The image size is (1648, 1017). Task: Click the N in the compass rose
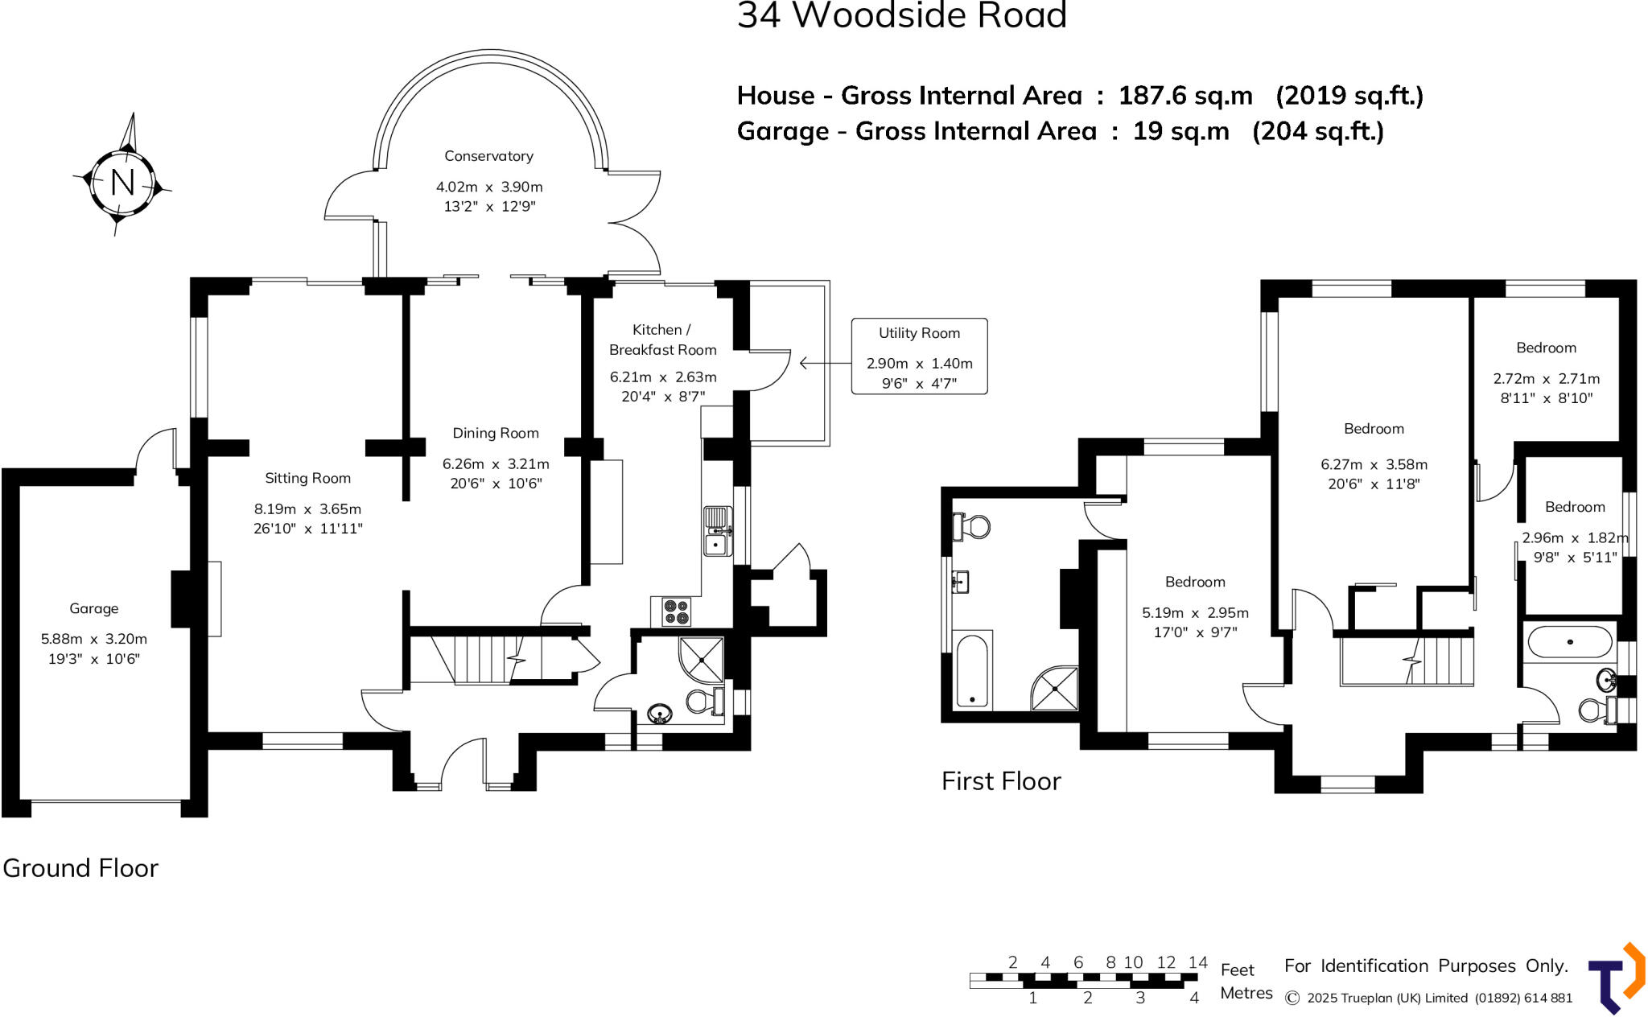click(x=122, y=183)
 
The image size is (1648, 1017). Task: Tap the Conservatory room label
click(x=488, y=156)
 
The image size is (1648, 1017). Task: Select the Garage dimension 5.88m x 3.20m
click(x=94, y=639)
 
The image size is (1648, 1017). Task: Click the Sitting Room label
click(x=307, y=478)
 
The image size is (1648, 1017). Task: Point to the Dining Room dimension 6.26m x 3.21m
click(x=496, y=464)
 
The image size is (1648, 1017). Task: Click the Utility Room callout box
click(x=919, y=356)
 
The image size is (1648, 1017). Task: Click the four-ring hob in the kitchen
click(x=676, y=611)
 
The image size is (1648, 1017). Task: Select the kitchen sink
click(x=716, y=531)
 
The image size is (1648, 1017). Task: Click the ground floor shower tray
click(x=701, y=660)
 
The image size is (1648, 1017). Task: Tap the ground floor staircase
click(x=483, y=659)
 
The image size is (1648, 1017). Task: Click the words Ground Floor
click(x=80, y=868)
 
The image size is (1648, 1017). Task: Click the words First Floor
click(x=1001, y=781)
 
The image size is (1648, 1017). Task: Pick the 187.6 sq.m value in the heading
click(x=1185, y=96)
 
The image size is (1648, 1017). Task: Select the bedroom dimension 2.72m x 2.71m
click(x=1546, y=379)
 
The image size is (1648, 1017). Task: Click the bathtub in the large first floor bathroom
click(x=972, y=670)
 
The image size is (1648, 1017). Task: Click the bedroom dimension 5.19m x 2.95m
click(x=1195, y=613)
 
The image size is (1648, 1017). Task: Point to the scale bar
click(x=1083, y=980)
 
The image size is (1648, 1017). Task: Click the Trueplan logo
click(x=1616, y=978)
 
